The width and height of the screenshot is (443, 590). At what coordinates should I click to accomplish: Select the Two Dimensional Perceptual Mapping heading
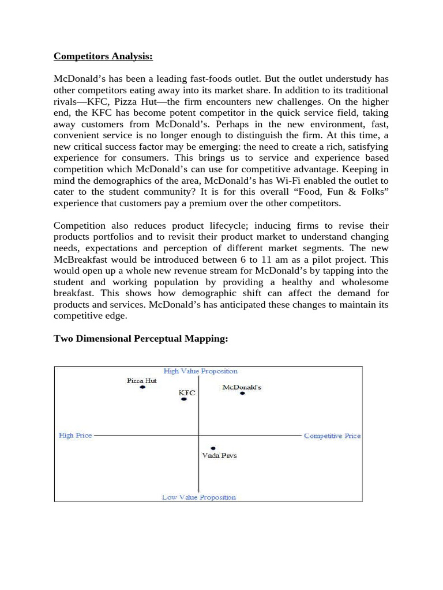141,339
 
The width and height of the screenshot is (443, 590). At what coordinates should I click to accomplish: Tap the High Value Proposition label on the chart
200,371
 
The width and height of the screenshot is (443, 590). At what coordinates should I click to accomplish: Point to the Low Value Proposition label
199,497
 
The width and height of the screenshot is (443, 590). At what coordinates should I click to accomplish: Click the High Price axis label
76,436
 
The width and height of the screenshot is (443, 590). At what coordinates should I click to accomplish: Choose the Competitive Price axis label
332,436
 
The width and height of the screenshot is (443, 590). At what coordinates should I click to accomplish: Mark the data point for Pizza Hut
142,388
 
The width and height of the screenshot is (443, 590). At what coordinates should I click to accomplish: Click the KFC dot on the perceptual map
184,399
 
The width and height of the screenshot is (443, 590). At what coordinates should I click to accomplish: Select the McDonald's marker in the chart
242,394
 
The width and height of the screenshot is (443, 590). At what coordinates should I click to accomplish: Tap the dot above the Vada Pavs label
213,448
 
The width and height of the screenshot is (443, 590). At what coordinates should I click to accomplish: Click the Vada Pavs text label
219,456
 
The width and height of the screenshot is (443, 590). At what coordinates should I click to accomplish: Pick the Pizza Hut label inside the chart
142,380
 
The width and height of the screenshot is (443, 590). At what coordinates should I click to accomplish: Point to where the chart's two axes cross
199,436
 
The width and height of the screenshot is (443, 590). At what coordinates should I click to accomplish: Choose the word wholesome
365,282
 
